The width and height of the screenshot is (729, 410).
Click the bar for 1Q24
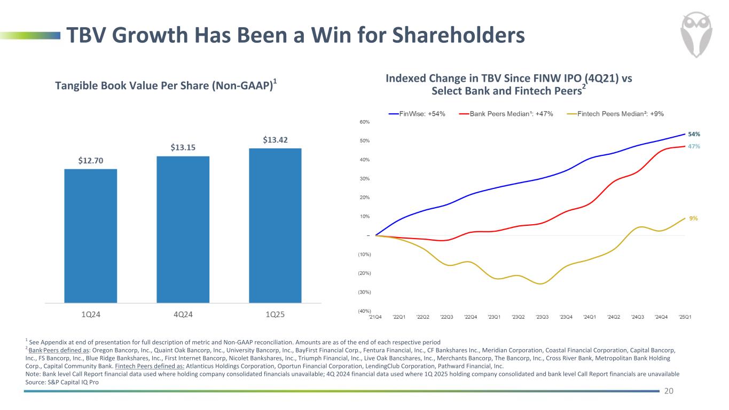(x=90, y=235)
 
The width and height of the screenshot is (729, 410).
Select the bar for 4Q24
(x=183, y=229)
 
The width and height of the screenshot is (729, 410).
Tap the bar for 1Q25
(x=275, y=225)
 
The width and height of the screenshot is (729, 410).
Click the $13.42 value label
(x=275, y=140)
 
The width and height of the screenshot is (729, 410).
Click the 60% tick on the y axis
(x=365, y=122)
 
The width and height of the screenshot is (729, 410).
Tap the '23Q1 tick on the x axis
(x=494, y=317)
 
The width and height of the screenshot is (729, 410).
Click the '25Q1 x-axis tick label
(x=685, y=317)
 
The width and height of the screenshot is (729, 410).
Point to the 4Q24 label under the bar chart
(x=183, y=314)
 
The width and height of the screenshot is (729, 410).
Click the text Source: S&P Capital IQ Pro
(x=62, y=382)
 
